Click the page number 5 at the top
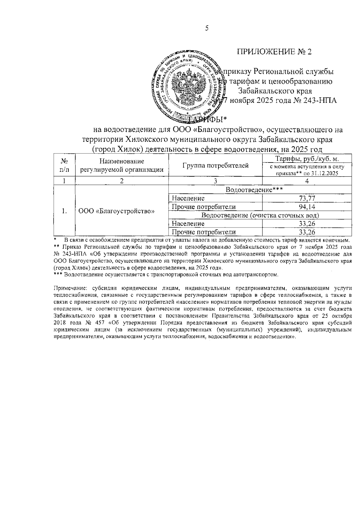pos(206,28)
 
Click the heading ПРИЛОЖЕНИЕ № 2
pos(274,52)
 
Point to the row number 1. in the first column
pos(64,211)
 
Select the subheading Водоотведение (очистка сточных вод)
pos(260,215)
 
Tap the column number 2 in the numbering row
pos(121,181)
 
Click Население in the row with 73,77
pos(188,198)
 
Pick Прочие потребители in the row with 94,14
pos(204,207)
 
